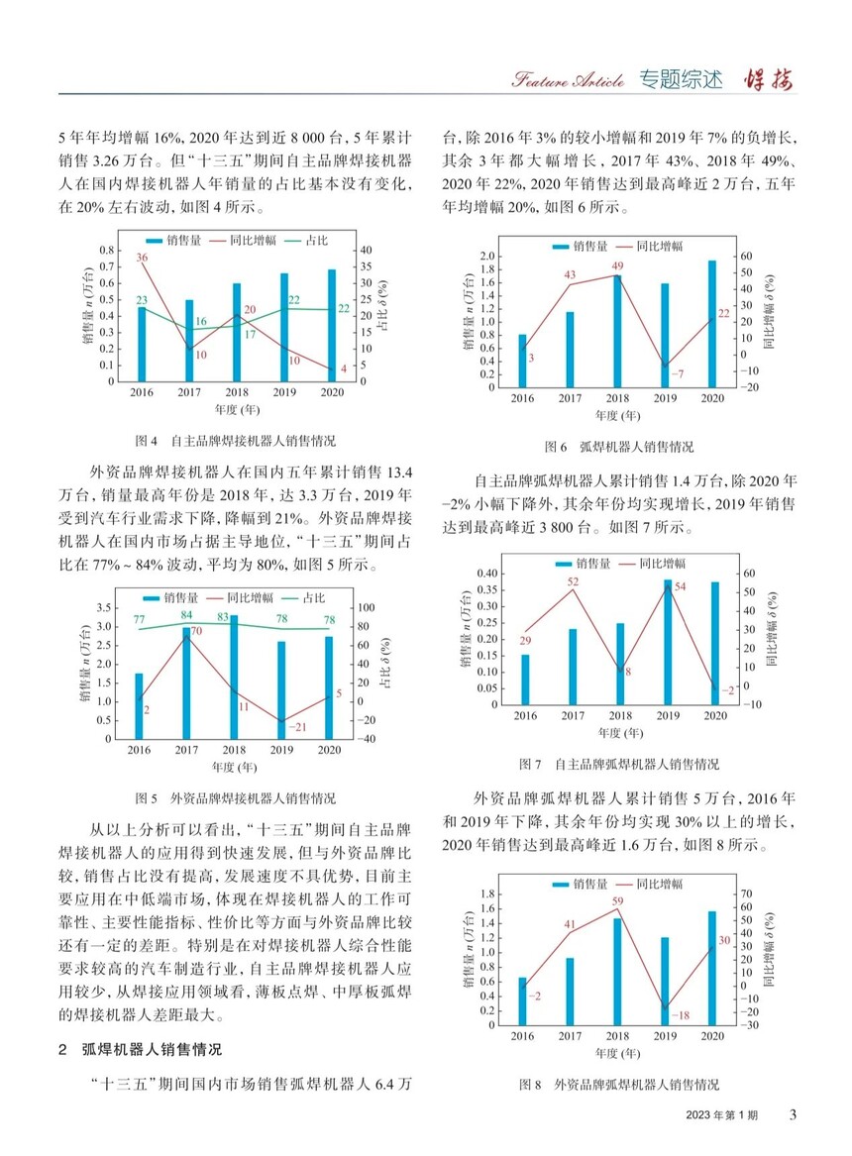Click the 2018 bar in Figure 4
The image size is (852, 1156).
tap(237, 332)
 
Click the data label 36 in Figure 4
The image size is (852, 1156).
tap(142, 259)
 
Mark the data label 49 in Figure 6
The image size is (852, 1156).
tap(616, 265)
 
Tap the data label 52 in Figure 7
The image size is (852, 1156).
tap(573, 581)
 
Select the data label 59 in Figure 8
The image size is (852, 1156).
tap(616, 901)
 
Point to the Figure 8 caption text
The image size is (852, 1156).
tap(619, 1086)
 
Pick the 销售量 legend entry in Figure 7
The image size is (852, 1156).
tap(583, 563)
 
